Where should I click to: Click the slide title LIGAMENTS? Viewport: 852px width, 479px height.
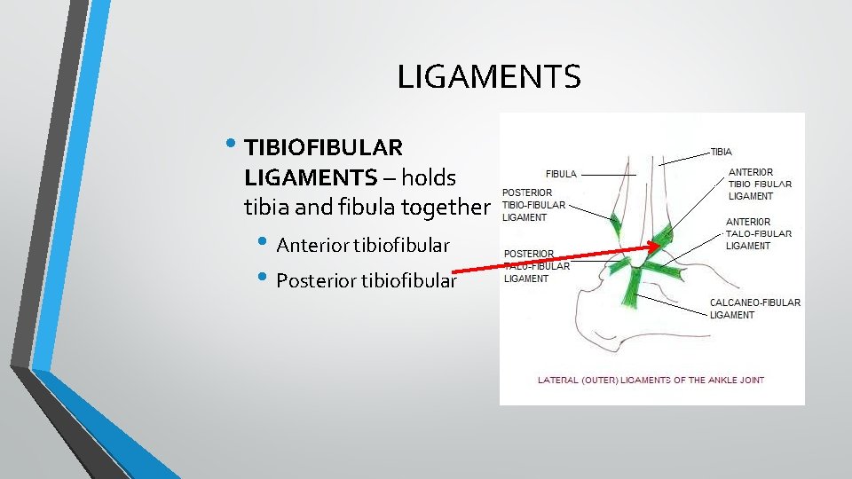click(x=488, y=77)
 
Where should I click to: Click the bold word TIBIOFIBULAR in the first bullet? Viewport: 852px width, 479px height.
click(x=323, y=145)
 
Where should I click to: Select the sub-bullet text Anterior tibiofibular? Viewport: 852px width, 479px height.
click(x=363, y=245)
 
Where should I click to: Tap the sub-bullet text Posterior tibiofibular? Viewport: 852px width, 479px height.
click(x=367, y=281)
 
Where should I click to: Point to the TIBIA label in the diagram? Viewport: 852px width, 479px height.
click(x=722, y=153)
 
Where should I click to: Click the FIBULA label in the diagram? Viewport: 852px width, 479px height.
click(x=561, y=175)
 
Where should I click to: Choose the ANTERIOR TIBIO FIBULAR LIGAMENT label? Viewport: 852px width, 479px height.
click(x=760, y=185)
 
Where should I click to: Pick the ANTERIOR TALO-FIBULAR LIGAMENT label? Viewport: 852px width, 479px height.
click(x=759, y=234)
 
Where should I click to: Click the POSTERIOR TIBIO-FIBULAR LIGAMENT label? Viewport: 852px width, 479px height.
click(x=532, y=205)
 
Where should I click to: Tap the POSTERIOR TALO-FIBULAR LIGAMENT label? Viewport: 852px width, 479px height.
click(x=536, y=266)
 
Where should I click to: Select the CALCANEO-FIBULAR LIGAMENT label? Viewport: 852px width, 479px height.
click(x=754, y=309)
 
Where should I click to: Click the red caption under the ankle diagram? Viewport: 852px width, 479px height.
click(x=651, y=381)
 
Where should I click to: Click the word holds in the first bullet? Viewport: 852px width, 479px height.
click(x=428, y=177)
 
